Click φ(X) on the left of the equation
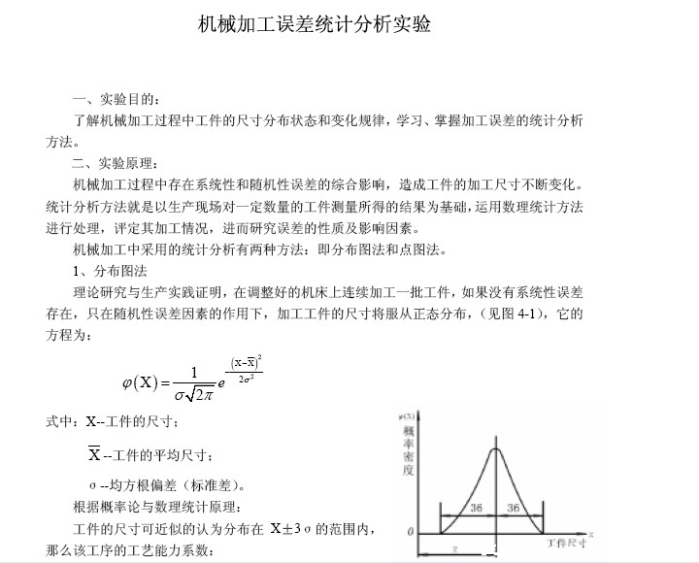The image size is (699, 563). pos(141,381)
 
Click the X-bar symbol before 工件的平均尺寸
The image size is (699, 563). pos(94,454)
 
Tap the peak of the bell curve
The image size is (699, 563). pos(495,448)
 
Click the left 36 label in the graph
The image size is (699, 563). pos(476,508)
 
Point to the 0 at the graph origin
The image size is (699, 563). pos(411,532)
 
